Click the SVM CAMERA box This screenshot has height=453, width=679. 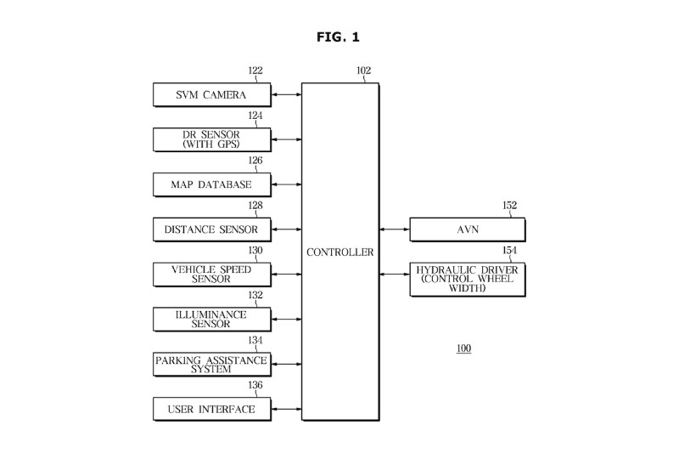[211, 95]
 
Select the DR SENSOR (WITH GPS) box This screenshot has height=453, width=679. [211, 139]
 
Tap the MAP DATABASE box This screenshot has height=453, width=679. [211, 184]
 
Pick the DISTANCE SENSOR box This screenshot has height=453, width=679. [211, 229]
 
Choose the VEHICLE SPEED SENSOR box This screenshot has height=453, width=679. [211, 274]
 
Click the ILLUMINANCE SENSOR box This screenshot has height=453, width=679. [211, 319]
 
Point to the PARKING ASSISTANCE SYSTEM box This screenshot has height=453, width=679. [211, 365]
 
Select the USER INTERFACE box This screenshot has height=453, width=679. [211, 410]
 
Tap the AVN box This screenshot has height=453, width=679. [468, 229]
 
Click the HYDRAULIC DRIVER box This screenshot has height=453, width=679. [468, 279]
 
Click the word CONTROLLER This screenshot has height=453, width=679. [340, 252]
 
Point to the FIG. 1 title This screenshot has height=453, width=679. [339, 37]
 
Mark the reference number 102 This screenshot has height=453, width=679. [363, 71]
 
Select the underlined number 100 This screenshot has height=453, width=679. [463, 348]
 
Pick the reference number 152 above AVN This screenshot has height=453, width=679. [509, 205]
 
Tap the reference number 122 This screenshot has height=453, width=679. [255, 71]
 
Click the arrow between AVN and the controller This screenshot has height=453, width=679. [395, 229]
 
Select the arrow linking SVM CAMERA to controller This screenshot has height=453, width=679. [286, 95]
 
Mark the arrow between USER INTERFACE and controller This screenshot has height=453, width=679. [286, 410]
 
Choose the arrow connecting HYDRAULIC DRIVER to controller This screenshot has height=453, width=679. [395, 274]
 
